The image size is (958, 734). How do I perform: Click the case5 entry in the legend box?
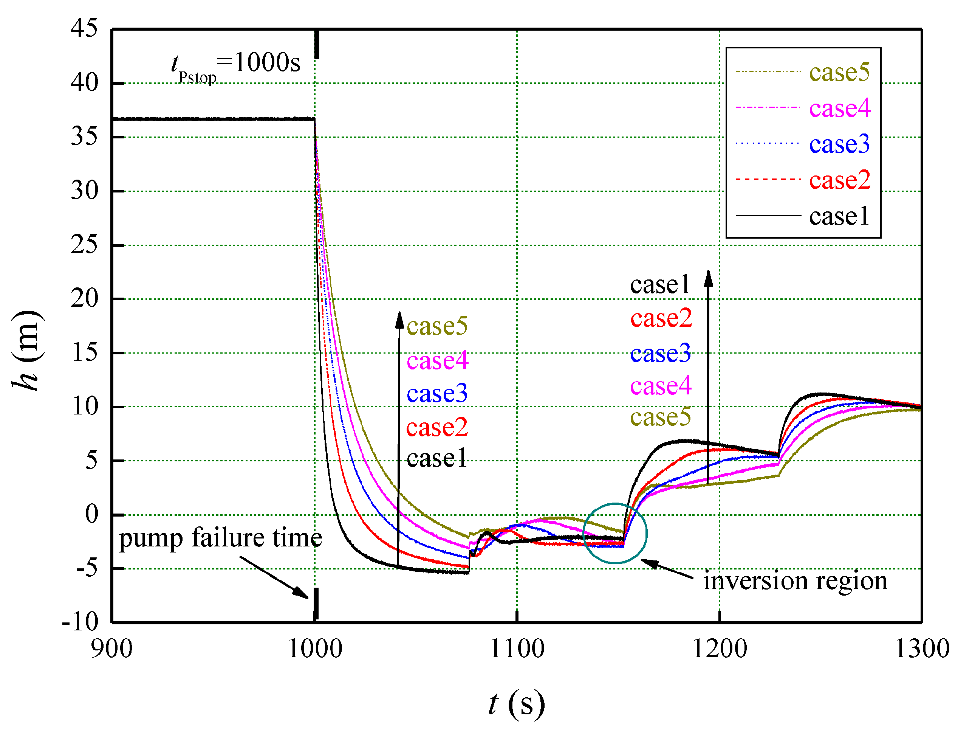[x=838, y=72]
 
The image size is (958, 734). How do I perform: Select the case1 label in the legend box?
[x=838, y=216]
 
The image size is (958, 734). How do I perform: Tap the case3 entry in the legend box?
[x=838, y=144]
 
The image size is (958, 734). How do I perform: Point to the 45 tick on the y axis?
[x=84, y=29]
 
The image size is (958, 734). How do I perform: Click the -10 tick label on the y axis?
[x=80, y=622]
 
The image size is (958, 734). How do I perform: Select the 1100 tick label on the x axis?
[x=517, y=649]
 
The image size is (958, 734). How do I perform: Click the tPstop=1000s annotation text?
[x=236, y=65]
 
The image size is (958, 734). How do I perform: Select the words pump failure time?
[x=220, y=538]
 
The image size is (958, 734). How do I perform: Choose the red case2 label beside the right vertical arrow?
[x=661, y=318]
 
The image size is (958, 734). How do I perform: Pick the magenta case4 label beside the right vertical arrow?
[x=661, y=386]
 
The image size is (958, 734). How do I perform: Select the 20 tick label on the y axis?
[x=84, y=299]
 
